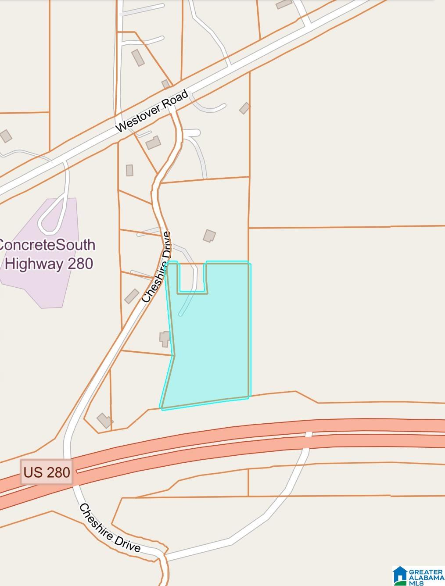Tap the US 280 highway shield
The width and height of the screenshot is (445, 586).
pos(47,472)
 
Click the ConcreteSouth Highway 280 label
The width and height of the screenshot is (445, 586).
pos(47,254)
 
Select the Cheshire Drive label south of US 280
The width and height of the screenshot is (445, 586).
pos(110,528)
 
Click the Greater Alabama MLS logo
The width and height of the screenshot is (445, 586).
pos(418,575)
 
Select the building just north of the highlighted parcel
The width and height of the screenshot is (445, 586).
pos(209,236)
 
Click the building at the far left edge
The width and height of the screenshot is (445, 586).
pos(5,136)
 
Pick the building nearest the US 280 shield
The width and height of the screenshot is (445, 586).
pos(105,420)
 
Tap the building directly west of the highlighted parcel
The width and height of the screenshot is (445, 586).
pos(164,338)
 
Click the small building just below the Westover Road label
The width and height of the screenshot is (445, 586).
pos(153,143)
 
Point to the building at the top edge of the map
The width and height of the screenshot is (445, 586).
pos(284,4)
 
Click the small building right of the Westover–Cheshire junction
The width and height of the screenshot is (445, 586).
pos(244,108)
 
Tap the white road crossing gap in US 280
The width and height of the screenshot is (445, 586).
pos(309,434)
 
